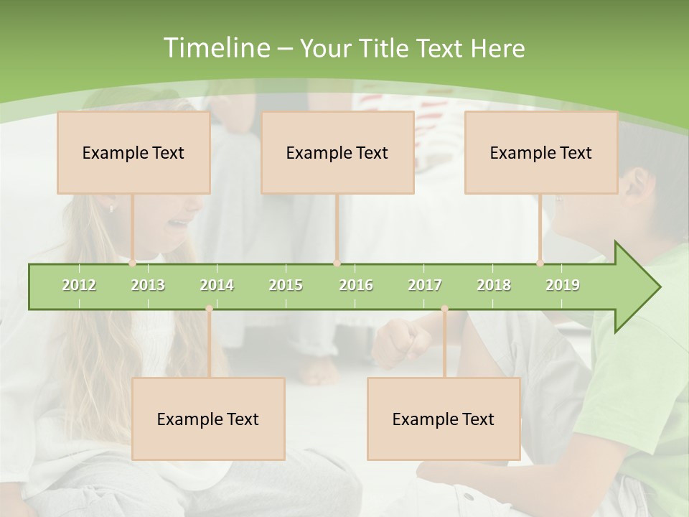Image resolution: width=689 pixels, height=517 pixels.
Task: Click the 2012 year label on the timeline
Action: (79, 285)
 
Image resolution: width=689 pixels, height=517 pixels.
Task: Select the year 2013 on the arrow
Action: (148, 285)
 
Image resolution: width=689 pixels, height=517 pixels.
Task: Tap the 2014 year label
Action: (217, 285)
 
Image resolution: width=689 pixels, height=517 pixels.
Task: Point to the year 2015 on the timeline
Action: (286, 285)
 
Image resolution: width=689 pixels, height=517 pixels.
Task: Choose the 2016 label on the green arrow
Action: (356, 285)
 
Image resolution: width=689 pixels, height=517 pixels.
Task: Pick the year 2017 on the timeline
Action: (425, 285)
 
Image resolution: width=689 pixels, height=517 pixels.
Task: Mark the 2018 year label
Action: (494, 285)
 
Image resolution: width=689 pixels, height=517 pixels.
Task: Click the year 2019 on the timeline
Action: (563, 285)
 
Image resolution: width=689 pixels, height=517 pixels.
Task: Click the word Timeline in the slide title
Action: (215, 48)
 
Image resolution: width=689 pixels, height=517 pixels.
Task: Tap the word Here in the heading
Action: (497, 49)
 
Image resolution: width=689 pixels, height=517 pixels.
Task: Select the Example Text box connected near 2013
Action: (133, 152)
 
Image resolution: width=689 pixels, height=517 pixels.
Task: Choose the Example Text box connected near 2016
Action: (337, 152)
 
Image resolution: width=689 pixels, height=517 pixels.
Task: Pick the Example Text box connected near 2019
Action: (541, 152)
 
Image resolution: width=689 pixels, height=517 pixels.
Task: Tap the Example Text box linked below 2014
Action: (208, 419)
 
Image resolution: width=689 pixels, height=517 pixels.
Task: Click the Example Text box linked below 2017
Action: (444, 419)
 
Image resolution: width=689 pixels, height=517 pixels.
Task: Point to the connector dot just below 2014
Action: (209, 309)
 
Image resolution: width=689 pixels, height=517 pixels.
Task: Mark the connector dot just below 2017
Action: (444, 309)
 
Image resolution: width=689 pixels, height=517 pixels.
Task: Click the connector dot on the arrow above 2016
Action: (337, 264)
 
